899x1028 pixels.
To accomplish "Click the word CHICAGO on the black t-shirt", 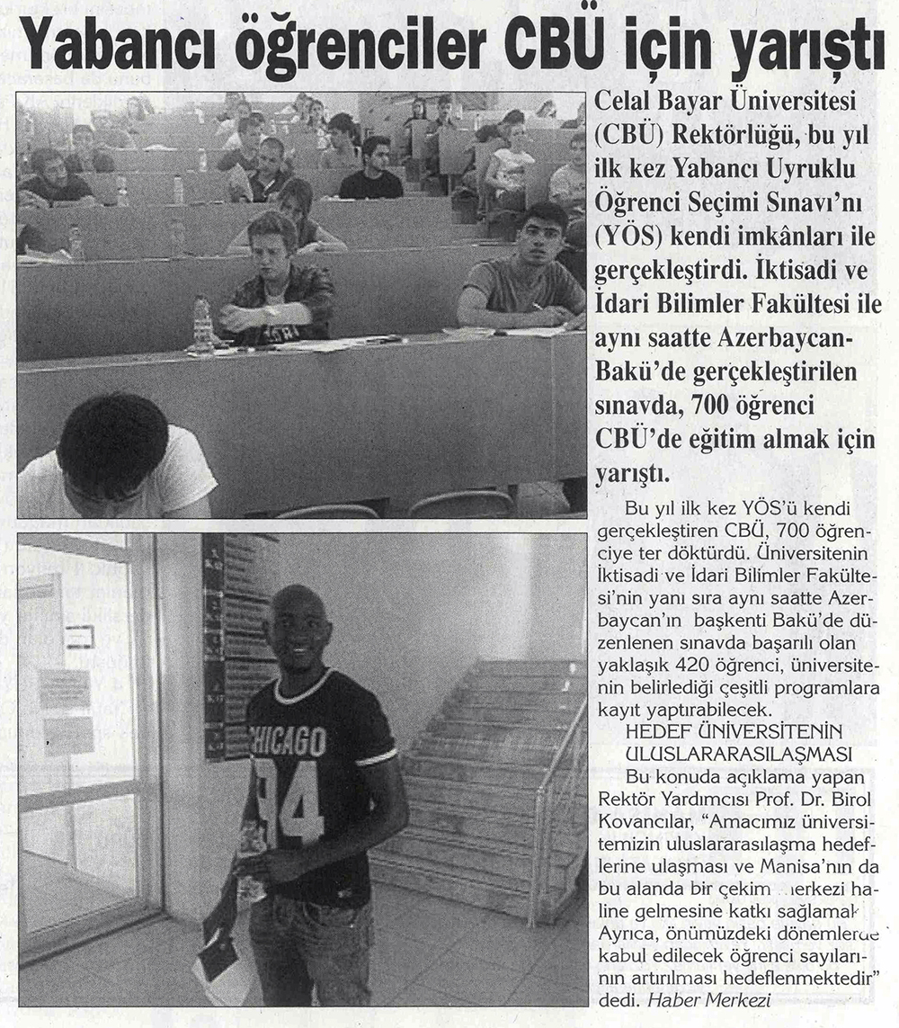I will [x=288, y=740].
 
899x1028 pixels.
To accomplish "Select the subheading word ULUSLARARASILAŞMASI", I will [x=739, y=751].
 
